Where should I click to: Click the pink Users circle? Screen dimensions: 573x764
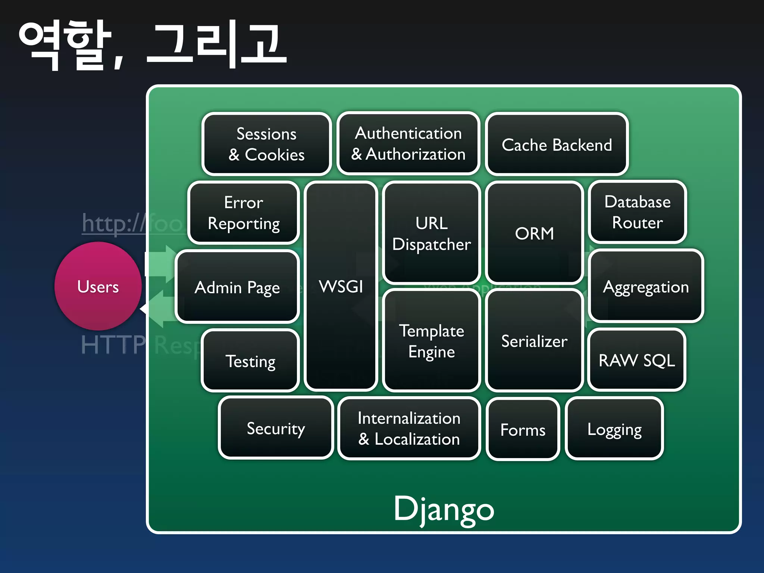coord(98,286)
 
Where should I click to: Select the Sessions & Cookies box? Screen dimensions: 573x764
coord(266,144)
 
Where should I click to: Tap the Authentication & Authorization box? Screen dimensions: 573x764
coord(408,144)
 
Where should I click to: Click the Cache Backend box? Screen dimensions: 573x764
coord(557,144)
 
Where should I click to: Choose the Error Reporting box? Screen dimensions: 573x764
coord(244,213)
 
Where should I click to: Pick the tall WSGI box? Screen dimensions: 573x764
coord(341,286)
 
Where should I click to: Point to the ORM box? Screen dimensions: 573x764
coord(534,233)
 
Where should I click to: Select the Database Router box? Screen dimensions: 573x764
coord(637,212)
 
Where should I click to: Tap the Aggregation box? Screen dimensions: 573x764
coord(646,286)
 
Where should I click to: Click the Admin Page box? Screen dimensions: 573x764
coord(237,287)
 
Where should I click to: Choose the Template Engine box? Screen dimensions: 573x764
coord(431,341)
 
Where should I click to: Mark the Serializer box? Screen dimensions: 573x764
coord(534,341)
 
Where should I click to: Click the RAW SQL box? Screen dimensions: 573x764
coord(636,360)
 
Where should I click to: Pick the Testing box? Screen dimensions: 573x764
coord(250,361)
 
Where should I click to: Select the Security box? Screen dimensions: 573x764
coord(276,428)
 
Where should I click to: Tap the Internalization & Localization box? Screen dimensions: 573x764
coord(409,428)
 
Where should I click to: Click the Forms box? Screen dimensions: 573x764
coord(523,429)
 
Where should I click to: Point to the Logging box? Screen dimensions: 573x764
coord(614,429)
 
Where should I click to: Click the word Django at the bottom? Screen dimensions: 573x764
coord(444,509)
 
